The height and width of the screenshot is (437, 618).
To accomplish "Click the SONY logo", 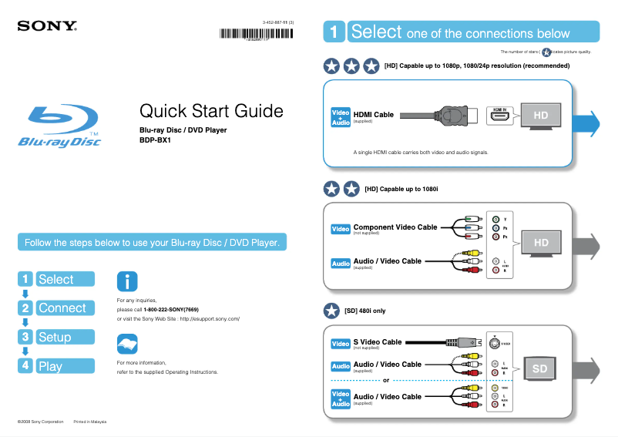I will [47, 25].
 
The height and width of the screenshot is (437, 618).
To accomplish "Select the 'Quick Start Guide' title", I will [210, 111].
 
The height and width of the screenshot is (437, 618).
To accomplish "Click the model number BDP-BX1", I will [154, 140].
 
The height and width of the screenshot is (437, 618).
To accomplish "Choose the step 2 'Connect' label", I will [62, 308].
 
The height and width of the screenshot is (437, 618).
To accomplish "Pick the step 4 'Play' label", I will [50, 366].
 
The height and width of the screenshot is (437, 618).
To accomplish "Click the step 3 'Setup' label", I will [55, 337].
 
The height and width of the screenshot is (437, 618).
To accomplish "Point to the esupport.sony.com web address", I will [210, 318].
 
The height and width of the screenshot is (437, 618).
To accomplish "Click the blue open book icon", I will [126, 344].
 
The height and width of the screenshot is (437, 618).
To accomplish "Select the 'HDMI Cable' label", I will [373, 115].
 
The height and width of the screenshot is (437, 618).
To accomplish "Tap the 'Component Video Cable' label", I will [395, 227].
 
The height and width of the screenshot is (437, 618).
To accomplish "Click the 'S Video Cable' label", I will [377, 341].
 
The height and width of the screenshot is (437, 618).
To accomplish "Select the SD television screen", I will [539, 369].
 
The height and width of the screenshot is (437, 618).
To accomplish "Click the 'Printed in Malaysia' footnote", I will [89, 422].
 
